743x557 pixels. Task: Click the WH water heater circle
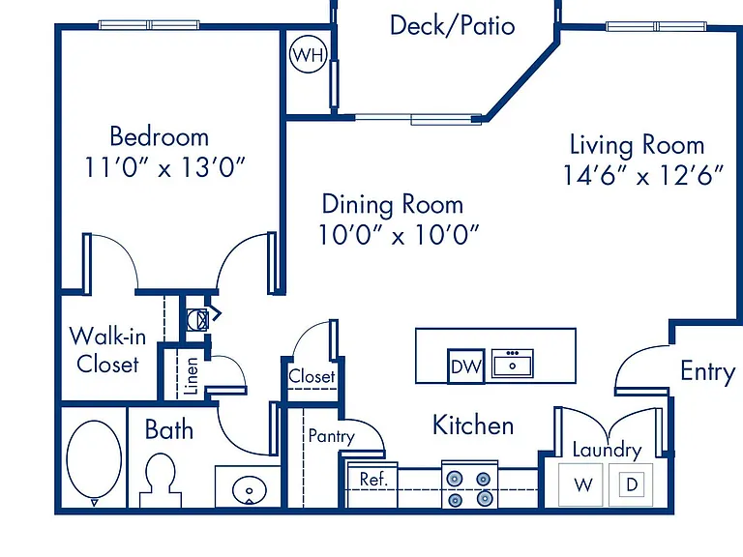pos(309,54)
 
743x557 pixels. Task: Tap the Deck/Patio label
pos(452,25)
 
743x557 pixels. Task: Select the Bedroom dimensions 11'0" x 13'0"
pos(164,167)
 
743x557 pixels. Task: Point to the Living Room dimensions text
pos(643,176)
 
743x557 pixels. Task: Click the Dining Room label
pos(393,205)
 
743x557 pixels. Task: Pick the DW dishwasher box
pos(465,366)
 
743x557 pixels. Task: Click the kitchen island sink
pos(512,364)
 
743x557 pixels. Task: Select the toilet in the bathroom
pos(161,480)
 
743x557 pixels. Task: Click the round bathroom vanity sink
pos(250,490)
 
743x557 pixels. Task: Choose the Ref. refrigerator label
pos(373,480)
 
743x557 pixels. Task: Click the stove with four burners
pos(469,484)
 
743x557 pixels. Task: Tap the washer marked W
pos(580,485)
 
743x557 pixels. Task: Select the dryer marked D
pos(631,485)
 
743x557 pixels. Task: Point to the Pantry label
pos(331,436)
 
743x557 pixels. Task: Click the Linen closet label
pos(191,376)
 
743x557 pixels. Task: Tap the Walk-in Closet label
pos(107,350)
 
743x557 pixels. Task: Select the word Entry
pos(708,372)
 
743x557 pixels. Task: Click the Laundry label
pos(607,450)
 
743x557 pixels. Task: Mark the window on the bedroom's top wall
pos(149,24)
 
